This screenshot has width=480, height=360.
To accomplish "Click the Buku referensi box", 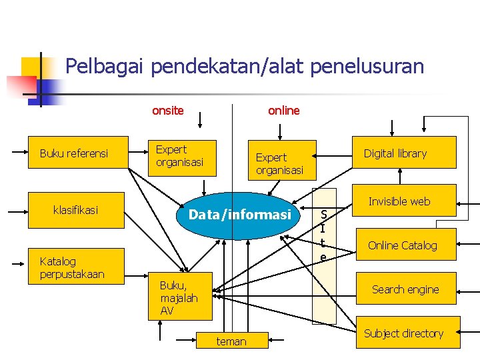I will [x=74, y=154].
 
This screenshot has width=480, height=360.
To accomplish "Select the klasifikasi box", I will [x=75, y=210].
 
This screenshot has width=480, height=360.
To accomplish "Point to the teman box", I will [x=231, y=341].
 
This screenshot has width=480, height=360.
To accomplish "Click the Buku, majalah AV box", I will [x=179, y=297].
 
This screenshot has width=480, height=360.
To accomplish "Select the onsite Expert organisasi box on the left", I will [x=181, y=157].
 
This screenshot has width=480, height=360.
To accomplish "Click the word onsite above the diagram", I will [x=168, y=111].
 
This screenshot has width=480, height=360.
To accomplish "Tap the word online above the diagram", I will [x=284, y=111].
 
